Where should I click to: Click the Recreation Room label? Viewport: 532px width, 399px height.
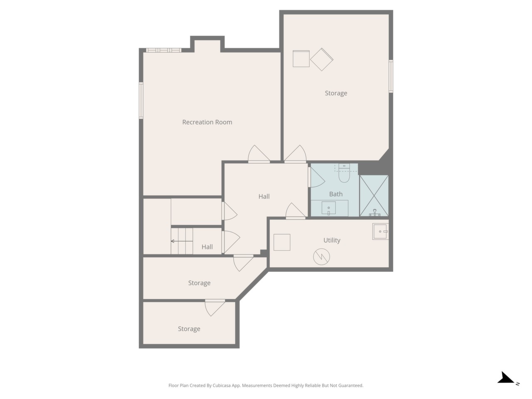tap(207, 122)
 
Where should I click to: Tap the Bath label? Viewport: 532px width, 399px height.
tap(336, 194)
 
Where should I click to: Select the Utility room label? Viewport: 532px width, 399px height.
tap(332, 240)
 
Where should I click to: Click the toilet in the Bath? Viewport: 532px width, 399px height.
tap(344, 173)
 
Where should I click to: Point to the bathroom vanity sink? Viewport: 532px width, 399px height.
tap(328, 208)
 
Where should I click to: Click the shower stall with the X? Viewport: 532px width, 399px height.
tap(374, 196)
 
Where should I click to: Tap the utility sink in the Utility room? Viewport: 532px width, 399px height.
tap(380, 232)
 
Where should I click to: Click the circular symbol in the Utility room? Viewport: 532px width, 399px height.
tap(321, 256)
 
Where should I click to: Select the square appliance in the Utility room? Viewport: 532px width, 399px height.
tap(282, 242)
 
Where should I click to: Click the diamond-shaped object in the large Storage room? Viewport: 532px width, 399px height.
tap(322, 59)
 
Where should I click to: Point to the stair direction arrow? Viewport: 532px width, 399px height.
tap(182, 241)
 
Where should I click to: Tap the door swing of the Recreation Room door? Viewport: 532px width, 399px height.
tap(259, 154)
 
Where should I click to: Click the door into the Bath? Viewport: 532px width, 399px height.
tap(317, 177)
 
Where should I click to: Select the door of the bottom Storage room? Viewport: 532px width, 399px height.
tap(215, 308)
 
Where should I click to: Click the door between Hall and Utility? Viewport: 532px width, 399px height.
tap(296, 211)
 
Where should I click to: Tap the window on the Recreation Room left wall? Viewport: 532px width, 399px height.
tap(141, 101)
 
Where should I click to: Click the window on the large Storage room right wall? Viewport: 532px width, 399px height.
tap(391, 76)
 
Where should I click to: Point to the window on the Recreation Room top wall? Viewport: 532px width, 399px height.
tap(164, 50)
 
